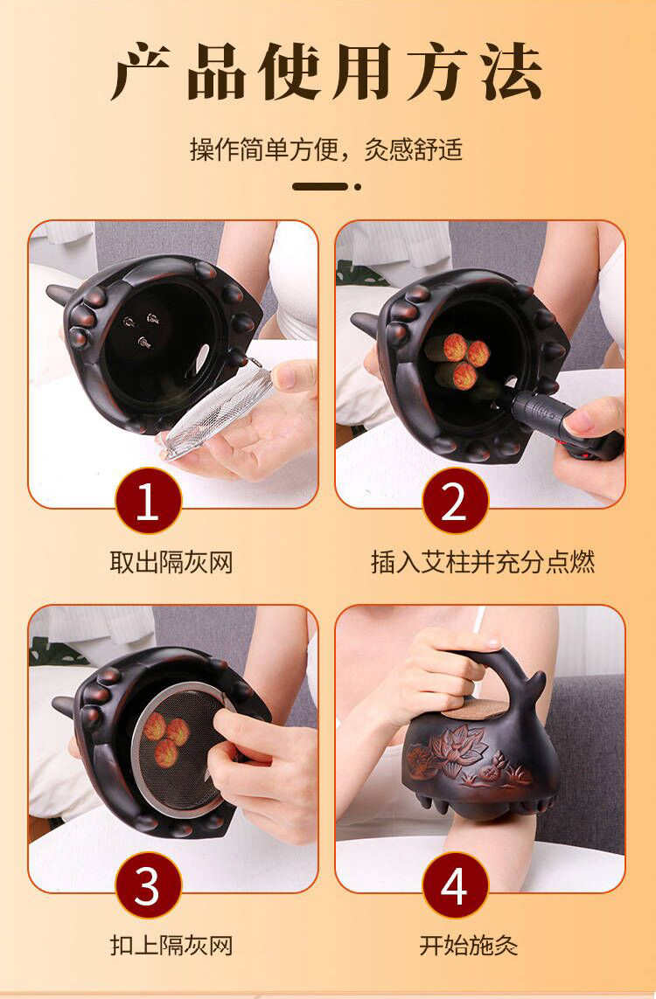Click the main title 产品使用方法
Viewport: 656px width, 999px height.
point(327,71)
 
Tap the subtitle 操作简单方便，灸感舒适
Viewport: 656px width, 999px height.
point(326,150)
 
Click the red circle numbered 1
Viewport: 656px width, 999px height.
point(148,501)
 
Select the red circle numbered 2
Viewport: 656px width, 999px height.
point(455,501)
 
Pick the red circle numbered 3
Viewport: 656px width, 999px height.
point(148,885)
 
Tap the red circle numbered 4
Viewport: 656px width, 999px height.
point(455,885)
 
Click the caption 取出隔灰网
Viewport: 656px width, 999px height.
point(171,563)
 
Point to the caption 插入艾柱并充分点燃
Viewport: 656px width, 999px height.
point(483,563)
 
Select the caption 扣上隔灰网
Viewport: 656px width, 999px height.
point(171,946)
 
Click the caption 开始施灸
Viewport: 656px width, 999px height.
point(469,946)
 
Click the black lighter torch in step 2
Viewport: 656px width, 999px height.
point(561,424)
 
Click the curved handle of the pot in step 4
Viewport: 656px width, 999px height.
point(504,663)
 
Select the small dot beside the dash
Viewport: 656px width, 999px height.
point(358,187)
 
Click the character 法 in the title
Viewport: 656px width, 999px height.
point(512,72)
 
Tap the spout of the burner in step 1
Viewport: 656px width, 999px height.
point(61,294)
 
